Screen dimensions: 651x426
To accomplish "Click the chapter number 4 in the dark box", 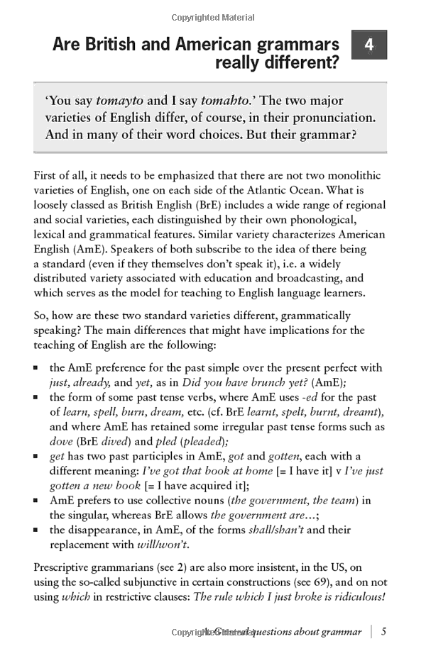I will [369, 45].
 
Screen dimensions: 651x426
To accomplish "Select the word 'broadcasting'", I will [310, 279].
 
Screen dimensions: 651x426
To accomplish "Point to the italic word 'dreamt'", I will [361, 412].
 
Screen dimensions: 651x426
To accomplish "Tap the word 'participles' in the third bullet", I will [159, 456].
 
